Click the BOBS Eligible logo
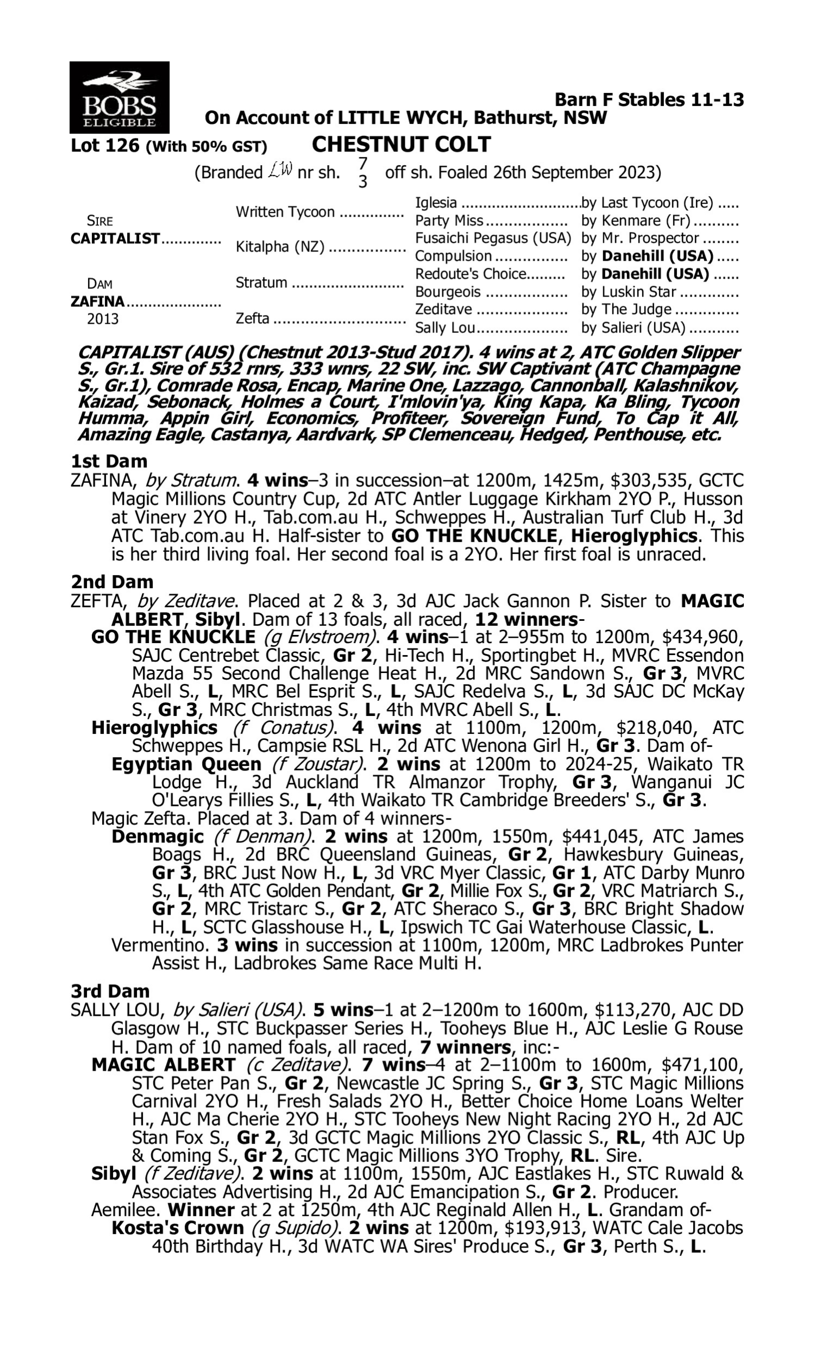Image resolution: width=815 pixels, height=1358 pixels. (x=119, y=97)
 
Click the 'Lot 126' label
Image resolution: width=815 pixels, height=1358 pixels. (x=105, y=146)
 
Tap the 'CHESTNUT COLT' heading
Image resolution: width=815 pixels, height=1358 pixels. (x=401, y=144)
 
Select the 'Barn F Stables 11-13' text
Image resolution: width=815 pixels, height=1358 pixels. (x=649, y=99)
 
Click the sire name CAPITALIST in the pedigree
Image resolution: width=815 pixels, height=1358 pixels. (x=115, y=239)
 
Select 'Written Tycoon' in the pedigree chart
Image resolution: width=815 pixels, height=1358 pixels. (x=285, y=212)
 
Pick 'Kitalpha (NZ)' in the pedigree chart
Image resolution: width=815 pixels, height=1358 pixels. (x=279, y=247)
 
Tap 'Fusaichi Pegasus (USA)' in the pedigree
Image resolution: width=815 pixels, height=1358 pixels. (x=493, y=238)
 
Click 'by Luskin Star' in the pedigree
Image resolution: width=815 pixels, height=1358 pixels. (x=628, y=292)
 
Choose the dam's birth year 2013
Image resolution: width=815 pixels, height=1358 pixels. (x=103, y=319)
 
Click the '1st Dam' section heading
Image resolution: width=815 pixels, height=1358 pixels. (x=109, y=461)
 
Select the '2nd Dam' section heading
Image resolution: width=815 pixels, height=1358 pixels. (x=112, y=582)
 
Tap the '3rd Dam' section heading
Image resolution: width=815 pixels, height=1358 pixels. (x=110, y=991)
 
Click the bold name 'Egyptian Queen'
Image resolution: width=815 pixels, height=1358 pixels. (x=186, y=764)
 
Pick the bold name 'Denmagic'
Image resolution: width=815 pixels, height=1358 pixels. (x=158, y=837)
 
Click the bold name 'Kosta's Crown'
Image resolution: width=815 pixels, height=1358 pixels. (x=177, y=1228)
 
